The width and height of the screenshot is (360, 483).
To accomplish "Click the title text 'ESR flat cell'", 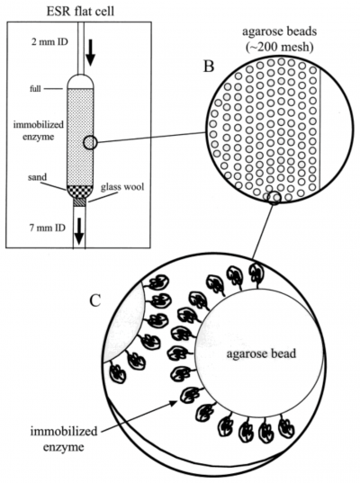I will [x=56, y=10].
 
